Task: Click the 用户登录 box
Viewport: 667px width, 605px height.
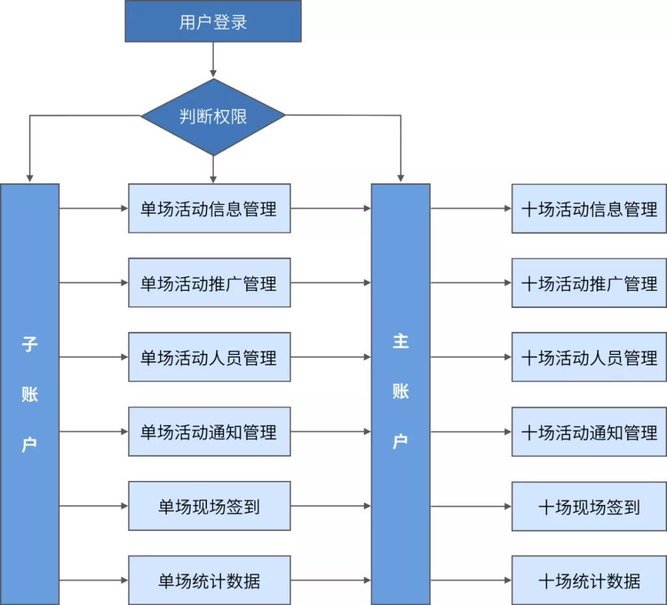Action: coord(213,21)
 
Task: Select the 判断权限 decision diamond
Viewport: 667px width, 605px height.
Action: coord(213,117)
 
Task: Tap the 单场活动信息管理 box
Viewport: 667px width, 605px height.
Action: coord(209,208)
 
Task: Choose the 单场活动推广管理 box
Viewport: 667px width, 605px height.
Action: coord(209,283)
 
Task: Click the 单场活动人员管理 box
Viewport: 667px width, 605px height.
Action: coord(209,357)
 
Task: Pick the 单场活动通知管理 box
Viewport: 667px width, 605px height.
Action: coord(209,432)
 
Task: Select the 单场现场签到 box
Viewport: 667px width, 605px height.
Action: coord(209,506)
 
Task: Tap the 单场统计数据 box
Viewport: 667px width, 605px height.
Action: coord(209,580)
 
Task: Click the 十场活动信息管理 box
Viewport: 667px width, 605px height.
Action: coord(589,208)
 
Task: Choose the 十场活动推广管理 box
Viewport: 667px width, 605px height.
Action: coord(589,283)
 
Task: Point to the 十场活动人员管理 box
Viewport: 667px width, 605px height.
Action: coord(589,357)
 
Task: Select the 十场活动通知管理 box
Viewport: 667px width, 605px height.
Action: coord(589,432)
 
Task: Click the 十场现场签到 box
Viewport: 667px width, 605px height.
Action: coord(589,506)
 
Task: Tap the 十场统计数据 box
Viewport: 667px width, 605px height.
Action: coord(589,580)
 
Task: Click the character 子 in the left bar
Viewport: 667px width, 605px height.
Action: coord(30,344)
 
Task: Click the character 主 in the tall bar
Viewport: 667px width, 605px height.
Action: coord(401,341)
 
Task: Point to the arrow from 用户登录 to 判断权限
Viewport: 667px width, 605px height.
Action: coord(213,60)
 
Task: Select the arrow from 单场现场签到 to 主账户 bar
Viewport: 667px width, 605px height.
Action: coord(331,506)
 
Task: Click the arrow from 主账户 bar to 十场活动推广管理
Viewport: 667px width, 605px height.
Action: coord(471,283)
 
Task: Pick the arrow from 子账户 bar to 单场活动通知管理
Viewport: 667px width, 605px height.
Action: coord(94,432)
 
